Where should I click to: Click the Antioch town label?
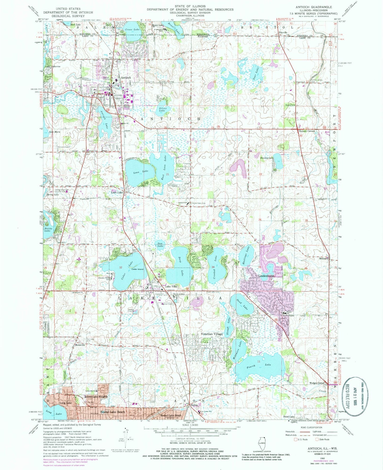click(126, 77)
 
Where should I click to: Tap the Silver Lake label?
click(163, 109)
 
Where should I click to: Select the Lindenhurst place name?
click(267, 276)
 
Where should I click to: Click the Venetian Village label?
click(212, 334)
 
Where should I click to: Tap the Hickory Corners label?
click(307, 131)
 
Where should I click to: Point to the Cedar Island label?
click(137, 269)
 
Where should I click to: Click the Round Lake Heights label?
click(96, 397)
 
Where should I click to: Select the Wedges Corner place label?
click(317, 383)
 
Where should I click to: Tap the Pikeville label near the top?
click(283, 33)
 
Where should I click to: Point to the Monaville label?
click(80, 345)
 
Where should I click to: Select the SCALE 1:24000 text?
click(190, 425)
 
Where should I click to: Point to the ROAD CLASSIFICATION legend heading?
click(311, 427)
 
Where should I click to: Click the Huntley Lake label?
click(267, 158)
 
